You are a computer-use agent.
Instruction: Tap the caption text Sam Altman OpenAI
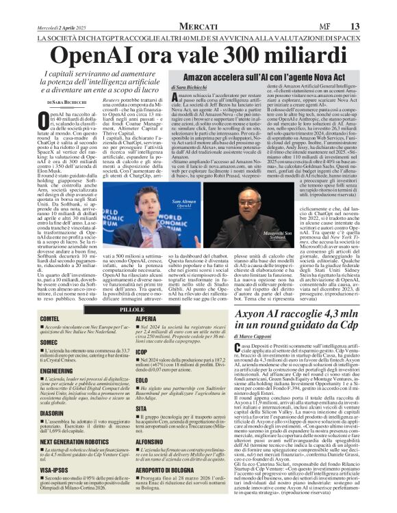pos(183,185)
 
